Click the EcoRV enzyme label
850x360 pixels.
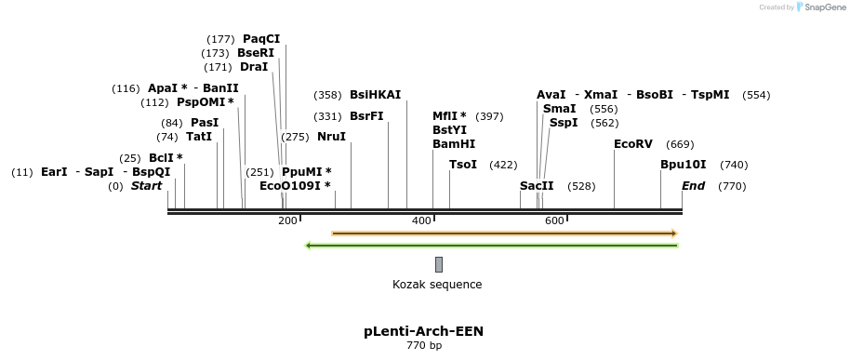pyautogui.click(x=633, y=144)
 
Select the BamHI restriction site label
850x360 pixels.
pyautogui.click(x=454, y=144)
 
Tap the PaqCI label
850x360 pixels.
pyautogui.click(x=261, y=39)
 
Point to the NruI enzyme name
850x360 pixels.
pyautogui.click(x=331, y=137)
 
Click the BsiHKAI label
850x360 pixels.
pyautogui.click(x=375, y=95)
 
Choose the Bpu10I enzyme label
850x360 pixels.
pyautogui.click(x=684, y=165)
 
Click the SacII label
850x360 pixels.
pyautogui.click(x=537, y=186)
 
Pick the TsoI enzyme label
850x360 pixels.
pyautogui.click(x=463, y=165)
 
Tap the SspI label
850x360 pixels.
pyautogui.click(x=564, y=123)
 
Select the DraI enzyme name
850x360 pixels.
pyautogui.click(x=254, y=67)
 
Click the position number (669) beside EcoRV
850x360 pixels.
pyautogui.click(x=680, y=144)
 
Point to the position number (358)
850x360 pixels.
pyautogui.click(x=327, y=95)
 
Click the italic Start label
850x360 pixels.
pyautogui.click(x=146, y=186)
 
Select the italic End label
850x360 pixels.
pyautogui.click(x=693, y=186)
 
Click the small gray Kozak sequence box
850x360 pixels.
pyautogui.click(x=438, y=264)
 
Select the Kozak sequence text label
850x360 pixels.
pyautogui.click(x=437, y=285)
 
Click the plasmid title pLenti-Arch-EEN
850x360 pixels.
pyautogui.click(x=423, y=331)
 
